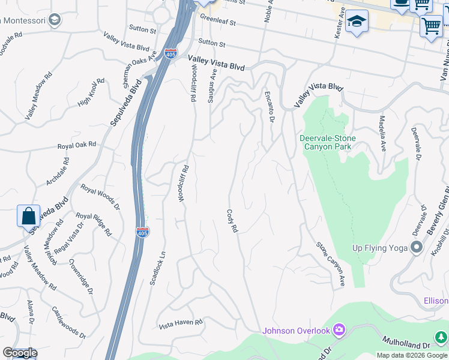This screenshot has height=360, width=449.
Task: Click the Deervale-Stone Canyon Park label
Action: coord(328,143)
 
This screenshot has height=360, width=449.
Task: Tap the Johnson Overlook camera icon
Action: coord(339,330)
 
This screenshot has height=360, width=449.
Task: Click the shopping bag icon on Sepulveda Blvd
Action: coord(29,216)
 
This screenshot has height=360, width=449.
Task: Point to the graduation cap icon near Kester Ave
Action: coord(357,22)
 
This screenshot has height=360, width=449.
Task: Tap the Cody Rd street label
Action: coord(233,221)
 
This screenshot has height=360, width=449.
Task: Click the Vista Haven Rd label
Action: coord(181,323)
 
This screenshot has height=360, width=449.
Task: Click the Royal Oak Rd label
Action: coord(77,145)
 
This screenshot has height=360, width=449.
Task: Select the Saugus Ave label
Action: coord(212,85)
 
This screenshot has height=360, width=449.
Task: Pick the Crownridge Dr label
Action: coord(80,276)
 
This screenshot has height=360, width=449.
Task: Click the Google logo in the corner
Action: coord(19,353)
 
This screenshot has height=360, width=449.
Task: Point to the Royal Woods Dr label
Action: coord(101,197)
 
